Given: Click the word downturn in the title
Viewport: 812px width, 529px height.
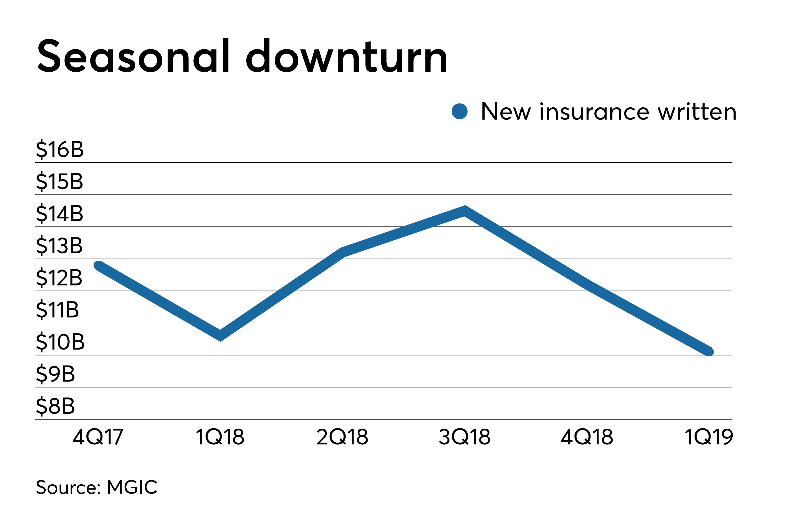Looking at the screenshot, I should click(346, 56).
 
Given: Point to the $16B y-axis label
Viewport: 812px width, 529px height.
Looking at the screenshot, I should click(60, 149).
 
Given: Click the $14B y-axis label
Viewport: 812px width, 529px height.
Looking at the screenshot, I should click(60, 213).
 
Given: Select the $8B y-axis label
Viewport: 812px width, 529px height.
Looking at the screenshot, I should click(55, 406).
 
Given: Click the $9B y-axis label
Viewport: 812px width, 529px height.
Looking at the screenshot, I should click(55, 374).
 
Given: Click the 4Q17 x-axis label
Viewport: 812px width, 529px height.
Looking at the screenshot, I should click(98, 437).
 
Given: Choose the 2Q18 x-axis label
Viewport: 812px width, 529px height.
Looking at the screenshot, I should click(342, 437).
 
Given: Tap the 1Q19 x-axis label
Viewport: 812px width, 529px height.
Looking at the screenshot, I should click(709, 437).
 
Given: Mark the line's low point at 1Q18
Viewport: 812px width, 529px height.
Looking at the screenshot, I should click(220, 336).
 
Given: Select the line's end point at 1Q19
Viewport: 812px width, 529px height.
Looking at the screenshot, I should click(709, 351).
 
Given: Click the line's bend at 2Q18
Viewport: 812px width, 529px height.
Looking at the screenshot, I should click(342, 252).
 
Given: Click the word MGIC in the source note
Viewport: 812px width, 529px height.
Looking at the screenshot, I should click(132, 487).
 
